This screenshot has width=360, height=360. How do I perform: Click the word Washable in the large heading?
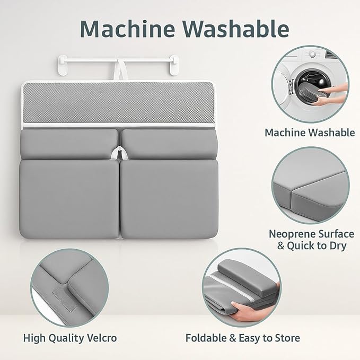(x=236, y=29)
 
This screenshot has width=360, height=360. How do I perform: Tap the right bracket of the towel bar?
(x=174, y=65)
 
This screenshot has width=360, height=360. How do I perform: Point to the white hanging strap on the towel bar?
(x=119, y=69)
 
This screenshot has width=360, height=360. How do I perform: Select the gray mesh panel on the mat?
(x=118, y=103)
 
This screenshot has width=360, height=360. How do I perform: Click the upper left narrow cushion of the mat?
(x=69, y=144)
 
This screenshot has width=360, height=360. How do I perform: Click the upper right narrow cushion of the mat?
(x=169, y=144)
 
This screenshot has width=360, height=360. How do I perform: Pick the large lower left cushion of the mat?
(x=69, y=199)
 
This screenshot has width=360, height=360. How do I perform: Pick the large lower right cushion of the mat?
(x=169, y=199)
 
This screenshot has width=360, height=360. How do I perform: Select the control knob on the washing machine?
(x=312, y=55)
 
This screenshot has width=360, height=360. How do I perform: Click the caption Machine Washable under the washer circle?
(x=310, y=133)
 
